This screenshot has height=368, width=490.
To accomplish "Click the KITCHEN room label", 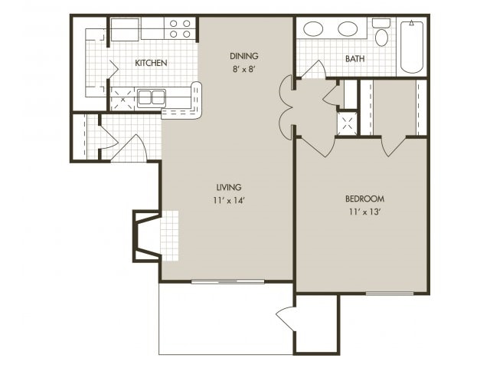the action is coord(151,63).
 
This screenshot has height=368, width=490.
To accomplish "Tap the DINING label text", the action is coord(244,56).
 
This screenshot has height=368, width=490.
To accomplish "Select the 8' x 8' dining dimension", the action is coord(244,69).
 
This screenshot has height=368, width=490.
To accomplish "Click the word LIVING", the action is coord(229,187).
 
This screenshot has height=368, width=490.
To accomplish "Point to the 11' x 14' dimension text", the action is coord(228,200).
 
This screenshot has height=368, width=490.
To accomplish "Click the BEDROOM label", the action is coord(364,199).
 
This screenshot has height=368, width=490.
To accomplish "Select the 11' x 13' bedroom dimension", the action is coord(364,212).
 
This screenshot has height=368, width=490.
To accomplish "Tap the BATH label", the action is coord(355,58).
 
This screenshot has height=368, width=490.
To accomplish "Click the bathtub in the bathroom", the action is coord(412,47).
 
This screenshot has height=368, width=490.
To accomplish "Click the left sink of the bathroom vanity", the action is coord(313,29).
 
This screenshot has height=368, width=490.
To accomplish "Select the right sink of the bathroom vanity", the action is coord(348,29).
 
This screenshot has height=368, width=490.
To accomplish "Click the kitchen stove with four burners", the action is coord(180,28).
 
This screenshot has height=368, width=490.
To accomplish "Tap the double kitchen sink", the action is coord(152,97).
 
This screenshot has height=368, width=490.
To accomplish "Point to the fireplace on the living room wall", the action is coord(147,236).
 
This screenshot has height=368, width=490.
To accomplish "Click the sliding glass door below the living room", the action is coord(228,281).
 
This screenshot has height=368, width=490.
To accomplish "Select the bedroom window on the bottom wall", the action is coord(390,294).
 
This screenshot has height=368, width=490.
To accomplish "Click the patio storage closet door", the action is coord(286,319).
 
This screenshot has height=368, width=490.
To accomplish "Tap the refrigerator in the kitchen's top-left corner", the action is coord(124,29).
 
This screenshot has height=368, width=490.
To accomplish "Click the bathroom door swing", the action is coord(314,70).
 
